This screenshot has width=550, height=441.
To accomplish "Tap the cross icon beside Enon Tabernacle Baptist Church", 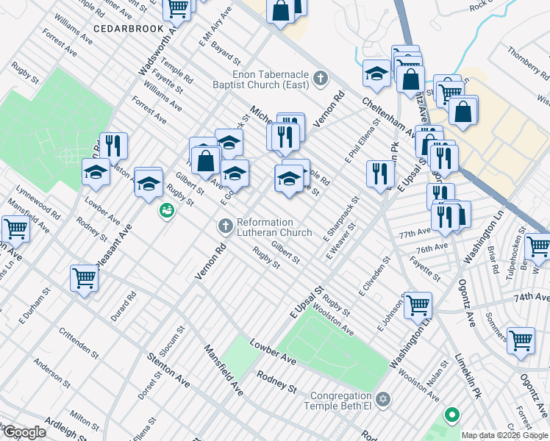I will pos(320,78).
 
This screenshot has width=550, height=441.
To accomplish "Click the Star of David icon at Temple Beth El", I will pos(382,399).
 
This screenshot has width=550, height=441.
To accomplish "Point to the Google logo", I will pos(24,432).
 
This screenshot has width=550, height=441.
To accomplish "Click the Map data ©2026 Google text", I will pos(504,435).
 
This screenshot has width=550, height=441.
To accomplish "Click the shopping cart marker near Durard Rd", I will pos(84,279).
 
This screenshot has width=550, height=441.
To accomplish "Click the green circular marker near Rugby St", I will pos(167,212).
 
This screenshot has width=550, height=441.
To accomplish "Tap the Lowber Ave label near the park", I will pos(272,352).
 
